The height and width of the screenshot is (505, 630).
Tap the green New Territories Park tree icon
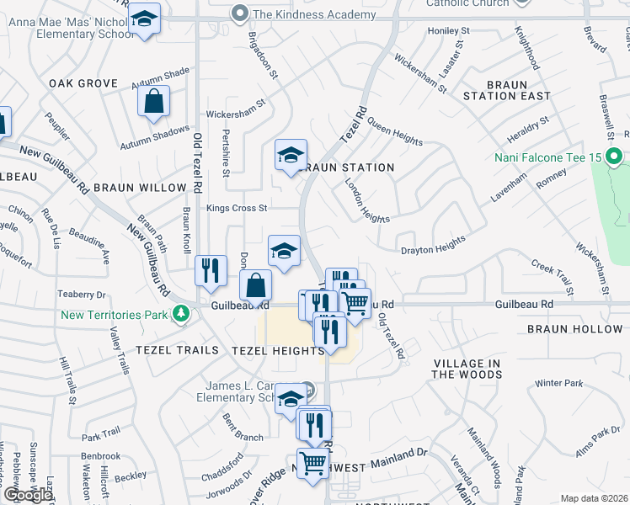click(179, 314)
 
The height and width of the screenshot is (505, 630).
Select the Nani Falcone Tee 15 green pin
click(614, 157)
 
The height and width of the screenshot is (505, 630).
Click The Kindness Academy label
click(313, 14)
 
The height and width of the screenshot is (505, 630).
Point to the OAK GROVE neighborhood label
click(83, 83)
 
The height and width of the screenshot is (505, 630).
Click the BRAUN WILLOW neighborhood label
click(140, 188)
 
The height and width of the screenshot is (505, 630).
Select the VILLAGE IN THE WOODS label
click(467, 369)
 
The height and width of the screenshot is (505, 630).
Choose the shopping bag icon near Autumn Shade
click(155, 102)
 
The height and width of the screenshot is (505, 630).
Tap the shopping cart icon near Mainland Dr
click(313, 462)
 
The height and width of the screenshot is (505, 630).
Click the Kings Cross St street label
click(236, 208)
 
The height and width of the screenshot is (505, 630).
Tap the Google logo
click(28, 495)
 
